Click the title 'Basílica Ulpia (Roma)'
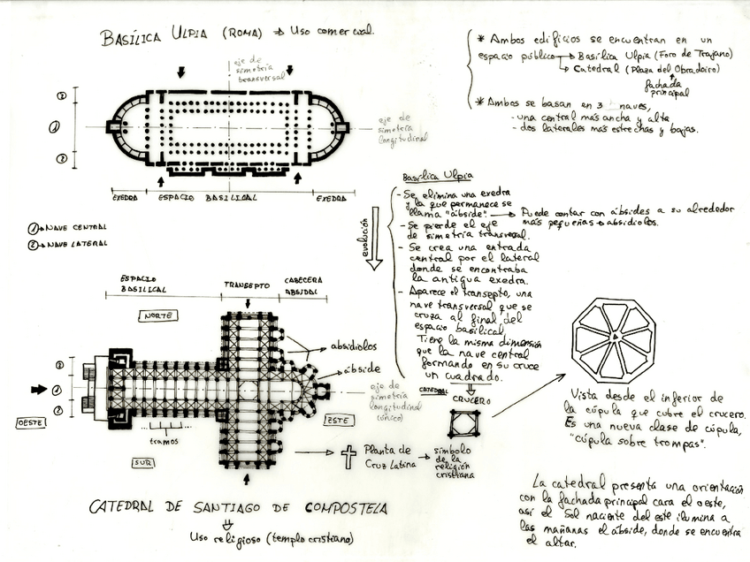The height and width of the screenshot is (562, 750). (x=182, y=35)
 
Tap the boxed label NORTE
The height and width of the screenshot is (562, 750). (x=159, y=315)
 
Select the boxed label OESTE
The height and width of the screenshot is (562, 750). (x=30, y=423)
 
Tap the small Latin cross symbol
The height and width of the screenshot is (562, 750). (x=348, y=456)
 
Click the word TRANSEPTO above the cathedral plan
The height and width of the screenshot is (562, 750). (x=246, y=285)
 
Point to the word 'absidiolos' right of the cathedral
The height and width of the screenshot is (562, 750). (x=353, y=346)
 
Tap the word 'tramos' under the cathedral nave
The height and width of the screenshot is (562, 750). (x=165, y=441)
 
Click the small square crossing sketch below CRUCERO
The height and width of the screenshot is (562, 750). (x=463, y=423)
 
